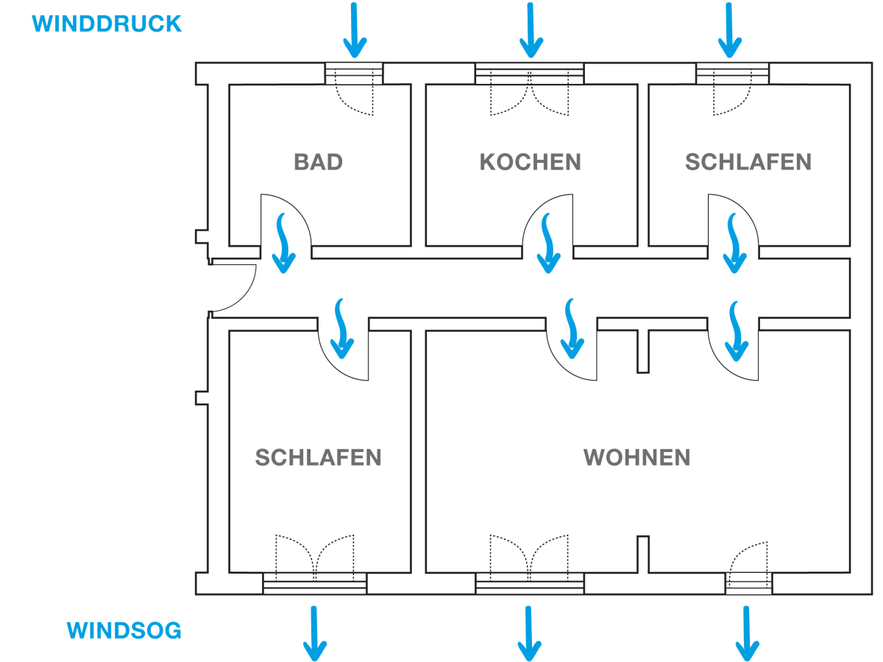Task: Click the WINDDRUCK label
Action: (107, 24)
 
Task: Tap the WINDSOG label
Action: (124, 631)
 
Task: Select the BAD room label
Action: (318, 162)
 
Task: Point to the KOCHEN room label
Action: (530, 162)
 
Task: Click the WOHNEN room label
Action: (637, 457)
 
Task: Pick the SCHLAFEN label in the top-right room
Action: (748, 162)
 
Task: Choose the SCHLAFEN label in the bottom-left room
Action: (318, 457)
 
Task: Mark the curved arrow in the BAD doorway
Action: (283, 243)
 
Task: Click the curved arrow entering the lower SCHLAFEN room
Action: (342, 328)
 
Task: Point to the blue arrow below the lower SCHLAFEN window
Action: (315, 632)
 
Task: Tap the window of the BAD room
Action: (355, 73)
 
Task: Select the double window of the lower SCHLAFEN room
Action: (315, 585)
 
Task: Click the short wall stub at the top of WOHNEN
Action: (642, 351)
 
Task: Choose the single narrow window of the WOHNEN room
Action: (748, 584)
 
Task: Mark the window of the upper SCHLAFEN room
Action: (732, 73)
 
